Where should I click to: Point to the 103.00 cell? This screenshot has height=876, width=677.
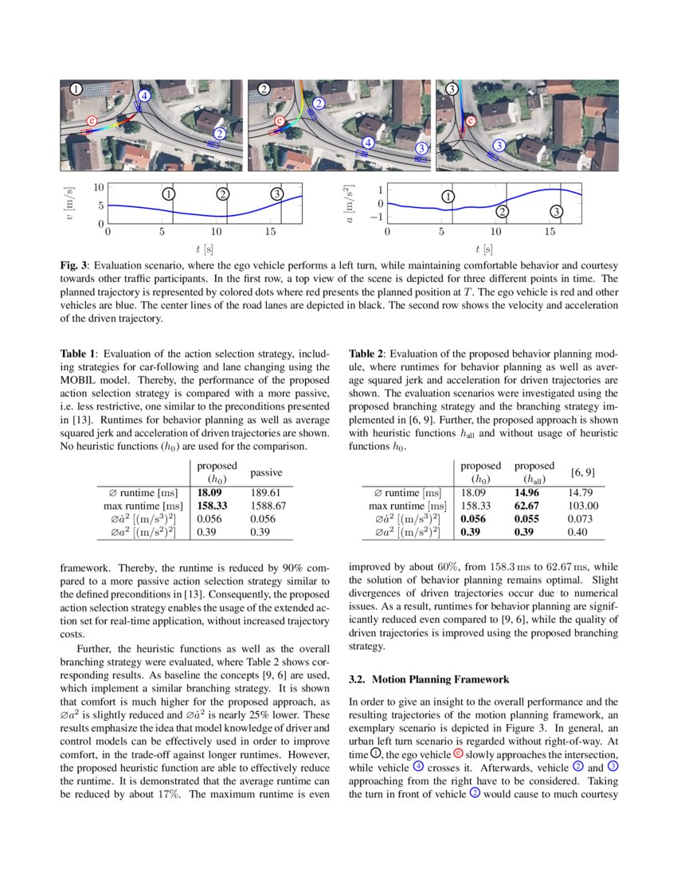(x=581, y=506)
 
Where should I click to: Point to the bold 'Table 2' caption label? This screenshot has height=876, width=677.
(x=369, y=353)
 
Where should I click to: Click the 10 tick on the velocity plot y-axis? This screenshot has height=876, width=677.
(x=100, y=187)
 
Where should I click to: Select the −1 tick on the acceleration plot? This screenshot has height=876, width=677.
(x=378, y=217)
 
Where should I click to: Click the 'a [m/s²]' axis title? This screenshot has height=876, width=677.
(x=347, y=204)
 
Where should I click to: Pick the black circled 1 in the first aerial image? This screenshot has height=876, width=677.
(x=76, y=89)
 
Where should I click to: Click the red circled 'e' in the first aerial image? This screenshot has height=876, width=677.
(x=92, y=121)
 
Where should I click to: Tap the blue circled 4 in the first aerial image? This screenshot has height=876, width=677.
(x=144, y=96)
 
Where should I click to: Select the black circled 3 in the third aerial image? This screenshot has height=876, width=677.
(x=452, y=88)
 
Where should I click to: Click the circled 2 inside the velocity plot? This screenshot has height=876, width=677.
(x=223, y=194)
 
